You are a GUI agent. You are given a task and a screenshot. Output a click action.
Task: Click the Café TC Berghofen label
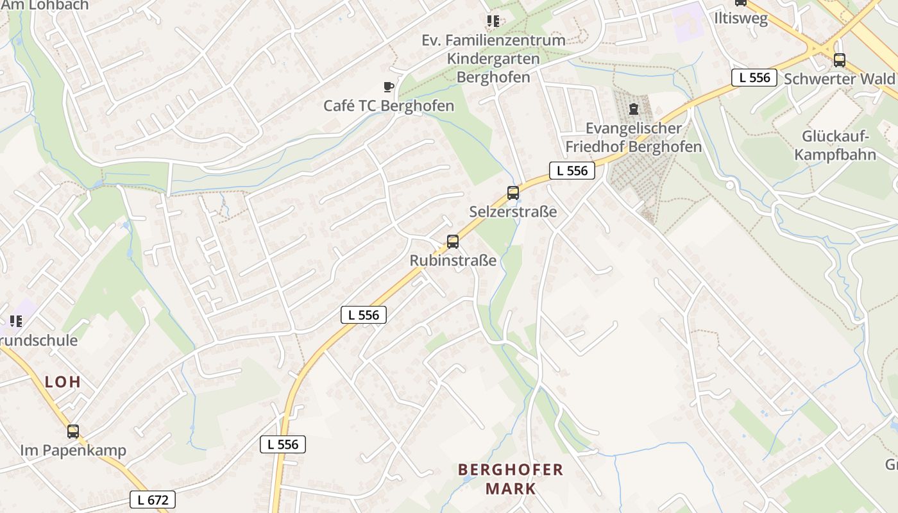(389, 106)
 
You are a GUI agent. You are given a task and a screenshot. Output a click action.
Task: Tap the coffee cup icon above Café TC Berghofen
(388, 87)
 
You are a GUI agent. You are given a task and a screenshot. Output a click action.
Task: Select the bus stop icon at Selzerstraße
(513, 192)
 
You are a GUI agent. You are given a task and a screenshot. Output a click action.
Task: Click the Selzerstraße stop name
(513, 212)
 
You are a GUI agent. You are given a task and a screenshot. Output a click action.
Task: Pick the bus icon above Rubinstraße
(453, 242)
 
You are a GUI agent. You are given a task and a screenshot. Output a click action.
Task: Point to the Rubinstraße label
(453, 260)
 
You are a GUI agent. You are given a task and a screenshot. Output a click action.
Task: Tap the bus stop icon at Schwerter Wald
(839, 60)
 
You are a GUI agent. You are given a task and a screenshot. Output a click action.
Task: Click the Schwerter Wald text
(838, 79)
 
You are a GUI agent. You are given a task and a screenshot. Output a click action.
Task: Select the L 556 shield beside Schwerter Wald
(754, 78)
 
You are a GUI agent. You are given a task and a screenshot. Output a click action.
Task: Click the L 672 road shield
(153, 500)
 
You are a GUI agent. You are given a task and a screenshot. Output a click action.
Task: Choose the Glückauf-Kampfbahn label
(834, 146)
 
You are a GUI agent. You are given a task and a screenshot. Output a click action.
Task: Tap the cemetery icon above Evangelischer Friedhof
(634, 109)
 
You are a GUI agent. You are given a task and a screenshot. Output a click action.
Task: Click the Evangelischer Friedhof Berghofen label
(633, 137)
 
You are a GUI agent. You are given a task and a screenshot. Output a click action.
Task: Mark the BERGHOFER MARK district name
(511, 479)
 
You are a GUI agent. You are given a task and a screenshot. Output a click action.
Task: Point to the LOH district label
(63, 382)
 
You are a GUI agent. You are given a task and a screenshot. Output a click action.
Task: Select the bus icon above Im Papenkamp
(73, 432)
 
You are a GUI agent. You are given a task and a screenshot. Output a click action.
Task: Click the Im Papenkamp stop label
(73, 450)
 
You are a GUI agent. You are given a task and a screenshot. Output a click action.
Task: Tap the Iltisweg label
(741, 19)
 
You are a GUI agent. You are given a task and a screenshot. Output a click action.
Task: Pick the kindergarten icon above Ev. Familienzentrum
(493, 21)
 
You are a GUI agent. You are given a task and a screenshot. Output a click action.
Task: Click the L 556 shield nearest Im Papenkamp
(283, 444)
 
